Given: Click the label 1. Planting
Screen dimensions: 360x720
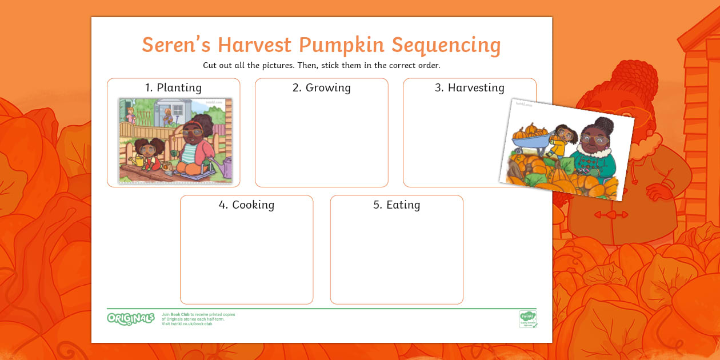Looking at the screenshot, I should tap(173, 87).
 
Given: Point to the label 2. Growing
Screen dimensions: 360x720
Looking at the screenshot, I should tap(321, 87).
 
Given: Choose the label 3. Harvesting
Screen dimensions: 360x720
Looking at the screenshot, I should tap(469, 87).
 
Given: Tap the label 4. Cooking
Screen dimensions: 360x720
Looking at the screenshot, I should tap(246, 205).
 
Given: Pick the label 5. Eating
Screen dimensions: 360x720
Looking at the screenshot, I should tap(397, 205).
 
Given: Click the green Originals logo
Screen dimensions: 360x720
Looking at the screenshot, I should tap(130, 318).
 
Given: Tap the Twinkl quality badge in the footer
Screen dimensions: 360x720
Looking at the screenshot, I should tap(527, 319).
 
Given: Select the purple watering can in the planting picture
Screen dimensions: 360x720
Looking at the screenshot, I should tap(227, 167).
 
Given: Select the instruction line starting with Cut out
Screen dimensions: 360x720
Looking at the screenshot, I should tap(321, 65).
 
